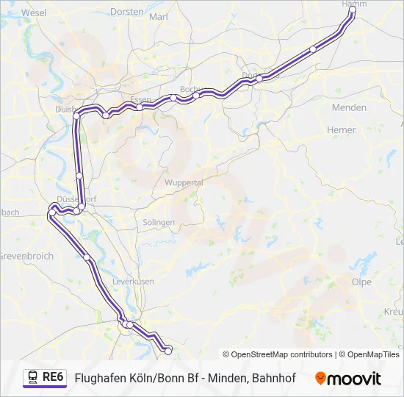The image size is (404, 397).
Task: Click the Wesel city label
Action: click(x=34, y=12)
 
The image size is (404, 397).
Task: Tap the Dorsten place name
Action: click(x=127, y=12)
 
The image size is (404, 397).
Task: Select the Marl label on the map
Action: click(x=158, y=16)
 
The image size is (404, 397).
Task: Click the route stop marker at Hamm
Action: click(x=353, y=10)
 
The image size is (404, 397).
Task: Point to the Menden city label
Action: click(x=349, y=107)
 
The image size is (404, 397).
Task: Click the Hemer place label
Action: click(x=340, y=130)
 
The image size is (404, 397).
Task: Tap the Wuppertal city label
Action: click(x=184, y=182)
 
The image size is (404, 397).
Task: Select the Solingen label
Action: click(x=159, y=222)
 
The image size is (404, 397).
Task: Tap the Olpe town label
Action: click(x=361, y=282)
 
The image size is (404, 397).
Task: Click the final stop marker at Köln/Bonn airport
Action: click(x=168, y=351)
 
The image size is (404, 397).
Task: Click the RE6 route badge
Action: click(x=54, y=377)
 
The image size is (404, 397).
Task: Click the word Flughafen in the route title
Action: click(x=102, y=378)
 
